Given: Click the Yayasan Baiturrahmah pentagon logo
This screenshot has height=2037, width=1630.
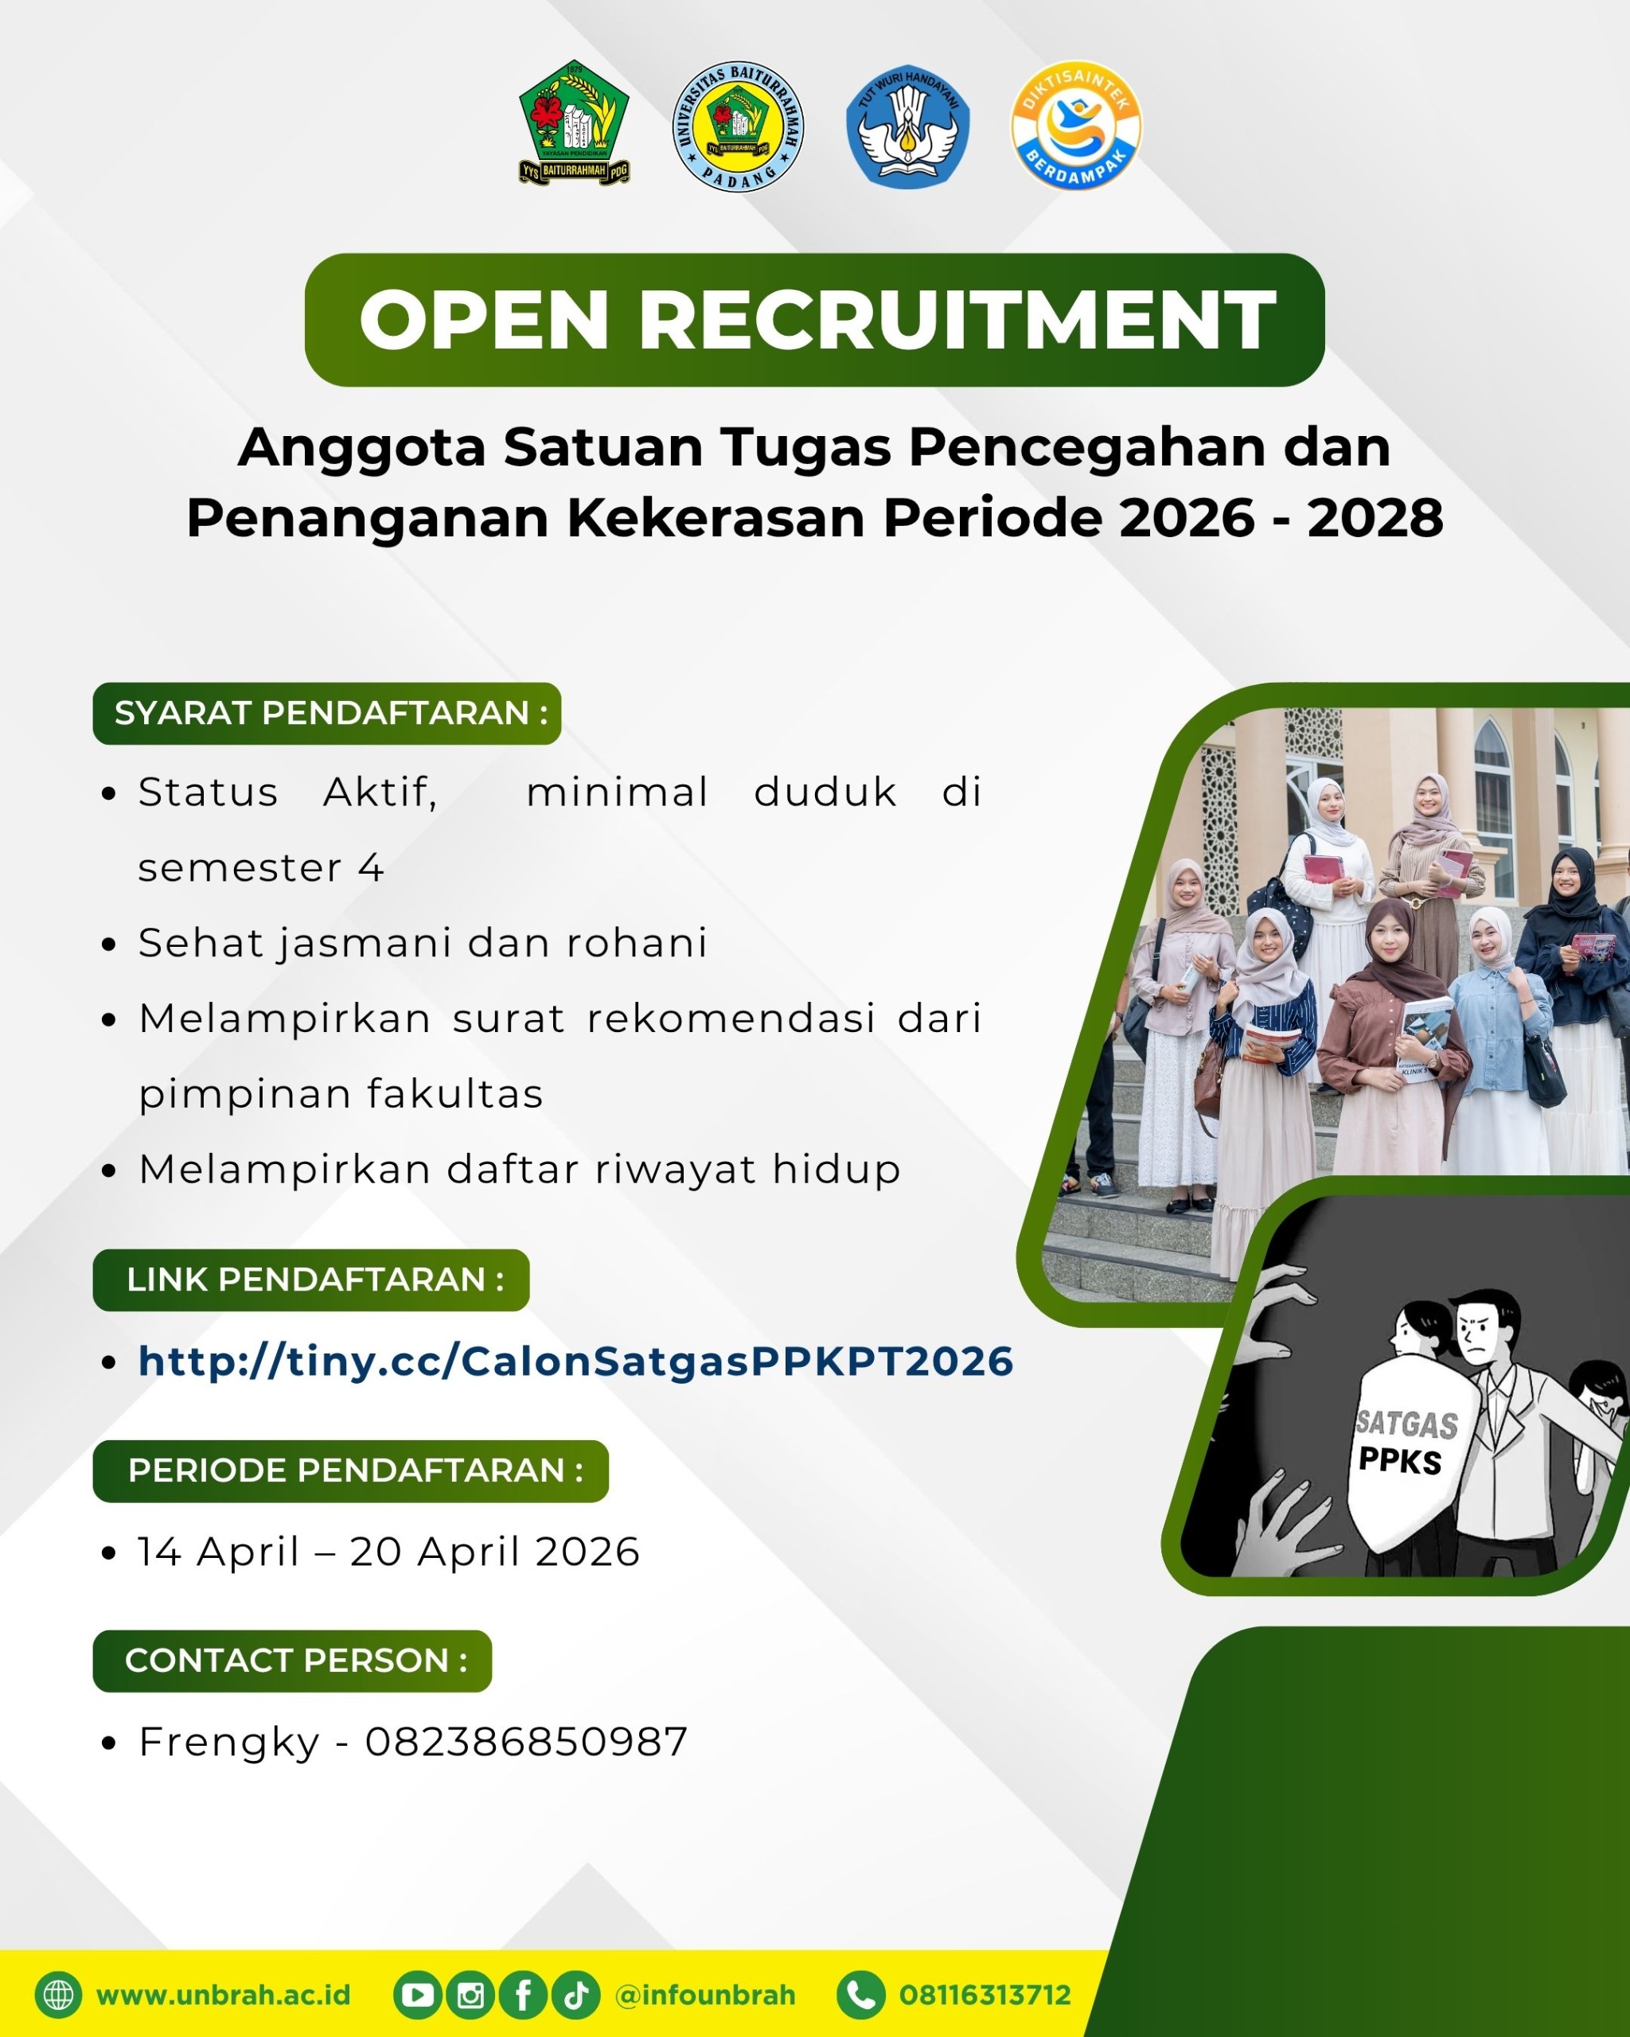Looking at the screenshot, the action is pyautogui.click(x=575, y=123).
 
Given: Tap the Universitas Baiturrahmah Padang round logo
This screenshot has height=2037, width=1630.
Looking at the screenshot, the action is pyautogui.click(x=738, y=127).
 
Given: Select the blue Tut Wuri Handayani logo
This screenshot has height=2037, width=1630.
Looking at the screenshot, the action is pyautogui.click(x=908, y=127).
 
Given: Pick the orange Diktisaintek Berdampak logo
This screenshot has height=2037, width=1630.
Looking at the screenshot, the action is pyautogui.click(x=1076, y=125).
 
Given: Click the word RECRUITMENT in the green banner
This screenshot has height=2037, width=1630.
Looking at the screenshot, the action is pyautogui.click(x=957, y=321).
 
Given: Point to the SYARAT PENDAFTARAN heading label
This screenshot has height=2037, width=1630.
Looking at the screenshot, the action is pyautogui.click(x=327, y=713).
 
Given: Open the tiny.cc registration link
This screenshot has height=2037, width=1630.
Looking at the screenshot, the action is pyautogui.click(x=575, y=1361).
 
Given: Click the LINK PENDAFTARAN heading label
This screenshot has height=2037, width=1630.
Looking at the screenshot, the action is pyautogui.click(x=311, y=1280).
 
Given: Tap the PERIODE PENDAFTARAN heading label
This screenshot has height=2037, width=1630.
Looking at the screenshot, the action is pyautogui.click(x=350, y=1471).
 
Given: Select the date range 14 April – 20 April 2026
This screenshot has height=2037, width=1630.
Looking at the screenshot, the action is pyautogui.click(x=389, y=1552).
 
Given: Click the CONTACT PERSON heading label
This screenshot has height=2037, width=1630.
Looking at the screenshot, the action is pyautogui.click(x=292, y=1661).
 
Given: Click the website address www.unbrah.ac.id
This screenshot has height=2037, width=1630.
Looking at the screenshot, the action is pyautogui.click(x=223, y=1995).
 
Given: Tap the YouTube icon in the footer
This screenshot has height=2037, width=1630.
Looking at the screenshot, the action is pyautogui.click(x=418, y=1995).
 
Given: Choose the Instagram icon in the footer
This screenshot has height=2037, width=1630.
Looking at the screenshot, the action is pyautogui.click(x=470, y=1995).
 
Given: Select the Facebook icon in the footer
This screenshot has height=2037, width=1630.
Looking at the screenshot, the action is pyautogui.click(x=524, y=1995).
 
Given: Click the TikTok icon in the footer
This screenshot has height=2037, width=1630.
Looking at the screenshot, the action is pyautogui.click(x=576, y=1995).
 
